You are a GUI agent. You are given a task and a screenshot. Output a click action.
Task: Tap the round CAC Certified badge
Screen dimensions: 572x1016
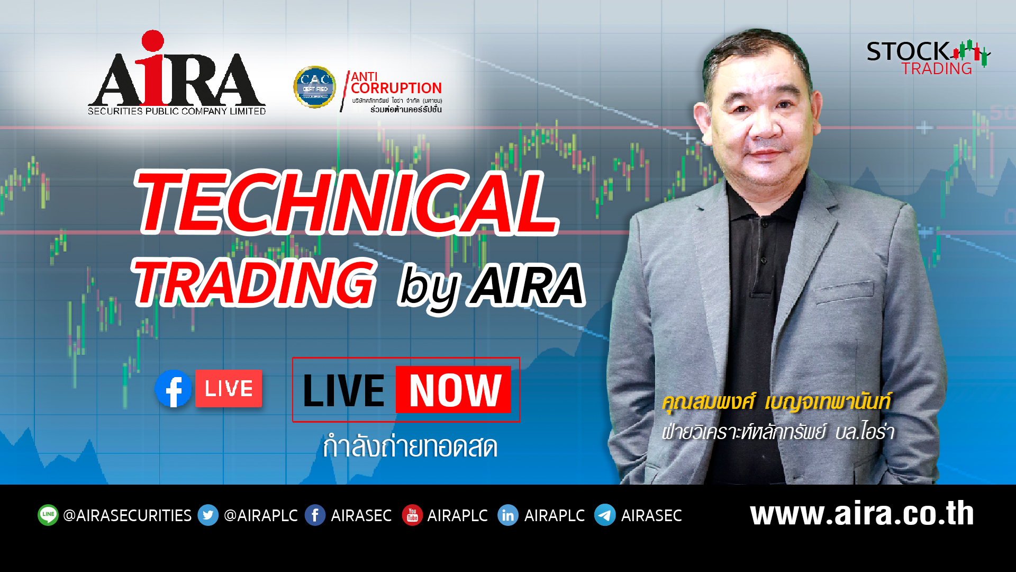[315, 86]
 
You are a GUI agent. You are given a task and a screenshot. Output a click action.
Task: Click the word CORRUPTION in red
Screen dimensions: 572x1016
[396, 88]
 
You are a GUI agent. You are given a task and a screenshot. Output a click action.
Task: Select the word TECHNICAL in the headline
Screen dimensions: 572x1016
[347, 204]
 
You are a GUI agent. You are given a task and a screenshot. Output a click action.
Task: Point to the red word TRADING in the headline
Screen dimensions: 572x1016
[254, 282]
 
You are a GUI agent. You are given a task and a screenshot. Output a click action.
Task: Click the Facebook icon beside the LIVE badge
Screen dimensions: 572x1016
[173, 389]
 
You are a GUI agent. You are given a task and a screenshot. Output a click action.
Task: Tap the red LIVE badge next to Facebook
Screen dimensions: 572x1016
[229, 389]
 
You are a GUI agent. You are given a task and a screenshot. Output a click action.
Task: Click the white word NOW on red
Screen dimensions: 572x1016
[454, 390]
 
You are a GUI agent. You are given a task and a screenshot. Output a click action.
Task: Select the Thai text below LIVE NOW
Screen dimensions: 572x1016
[410, 447]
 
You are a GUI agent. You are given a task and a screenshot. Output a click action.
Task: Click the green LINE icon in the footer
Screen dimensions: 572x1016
[48, 515]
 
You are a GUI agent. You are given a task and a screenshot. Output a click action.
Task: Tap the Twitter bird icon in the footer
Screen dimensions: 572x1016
[208, 515]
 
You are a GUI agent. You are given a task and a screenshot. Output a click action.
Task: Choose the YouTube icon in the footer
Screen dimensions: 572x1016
[412, 515]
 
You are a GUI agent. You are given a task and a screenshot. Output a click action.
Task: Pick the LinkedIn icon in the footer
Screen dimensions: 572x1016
[507, 515]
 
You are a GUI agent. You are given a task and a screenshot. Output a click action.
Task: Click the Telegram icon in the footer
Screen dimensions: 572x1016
[605, 515]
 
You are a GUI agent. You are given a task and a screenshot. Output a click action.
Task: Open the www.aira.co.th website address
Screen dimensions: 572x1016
[861, 514]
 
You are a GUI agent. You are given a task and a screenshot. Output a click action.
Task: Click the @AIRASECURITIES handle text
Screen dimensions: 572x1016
[127, 515]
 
